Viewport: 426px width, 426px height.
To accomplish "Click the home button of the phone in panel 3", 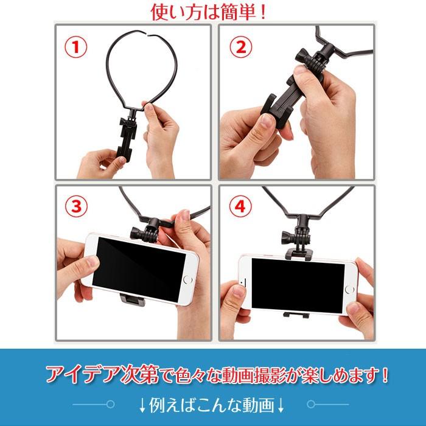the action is (187, 279).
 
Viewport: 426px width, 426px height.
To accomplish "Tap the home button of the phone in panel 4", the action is (349, 290).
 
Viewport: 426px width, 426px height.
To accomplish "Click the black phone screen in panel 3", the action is (139, 270).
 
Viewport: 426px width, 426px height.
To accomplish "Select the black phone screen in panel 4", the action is (298, 285).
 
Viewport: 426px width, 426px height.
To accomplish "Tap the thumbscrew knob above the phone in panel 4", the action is (288, 237).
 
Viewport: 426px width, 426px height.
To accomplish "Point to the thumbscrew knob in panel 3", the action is (137, 233).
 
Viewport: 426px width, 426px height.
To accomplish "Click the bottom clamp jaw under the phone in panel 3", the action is (132, 299).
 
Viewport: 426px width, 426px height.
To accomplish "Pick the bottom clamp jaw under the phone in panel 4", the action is (296, 315).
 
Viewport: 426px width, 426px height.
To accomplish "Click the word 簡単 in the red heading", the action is (239, 12).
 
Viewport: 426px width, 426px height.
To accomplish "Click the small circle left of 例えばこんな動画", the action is (111, 404).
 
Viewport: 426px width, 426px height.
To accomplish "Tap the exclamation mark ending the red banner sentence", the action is (385, 375).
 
